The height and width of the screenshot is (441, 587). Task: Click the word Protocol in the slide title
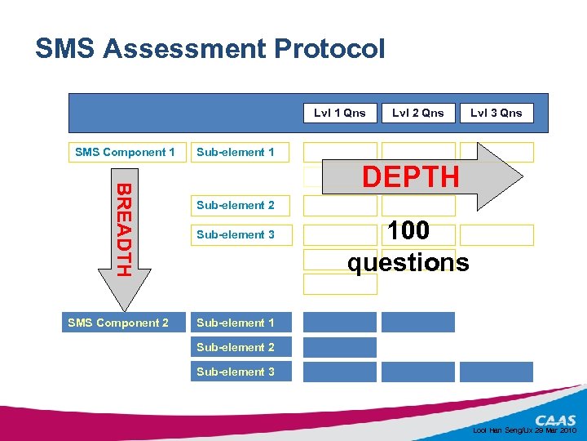click(329, 49)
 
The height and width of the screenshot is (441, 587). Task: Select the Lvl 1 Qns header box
click(340, 113)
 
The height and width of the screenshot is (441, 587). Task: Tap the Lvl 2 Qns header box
click(418, 113)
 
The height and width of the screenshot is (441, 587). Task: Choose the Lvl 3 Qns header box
click(496, 113)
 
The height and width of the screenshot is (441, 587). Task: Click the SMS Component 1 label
click(125, 152)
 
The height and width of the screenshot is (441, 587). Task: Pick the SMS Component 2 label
click(118, 323)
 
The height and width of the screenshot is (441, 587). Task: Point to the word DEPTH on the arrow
click(410, 176)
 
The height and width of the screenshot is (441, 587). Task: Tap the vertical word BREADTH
click(123, 229)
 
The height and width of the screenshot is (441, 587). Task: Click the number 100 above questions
click(409, 231)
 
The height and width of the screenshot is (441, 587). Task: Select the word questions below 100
click(408, 262)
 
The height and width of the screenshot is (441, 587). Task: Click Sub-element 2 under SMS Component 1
click(236, 205)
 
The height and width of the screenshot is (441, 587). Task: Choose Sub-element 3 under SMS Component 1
click(236, 234)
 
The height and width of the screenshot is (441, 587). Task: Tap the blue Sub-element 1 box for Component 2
click(236, 323)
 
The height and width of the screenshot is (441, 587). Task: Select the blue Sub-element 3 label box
click(236, 372)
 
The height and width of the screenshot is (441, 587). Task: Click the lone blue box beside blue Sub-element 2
click(340, 347)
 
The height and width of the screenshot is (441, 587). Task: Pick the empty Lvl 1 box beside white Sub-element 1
click(340, 152)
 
